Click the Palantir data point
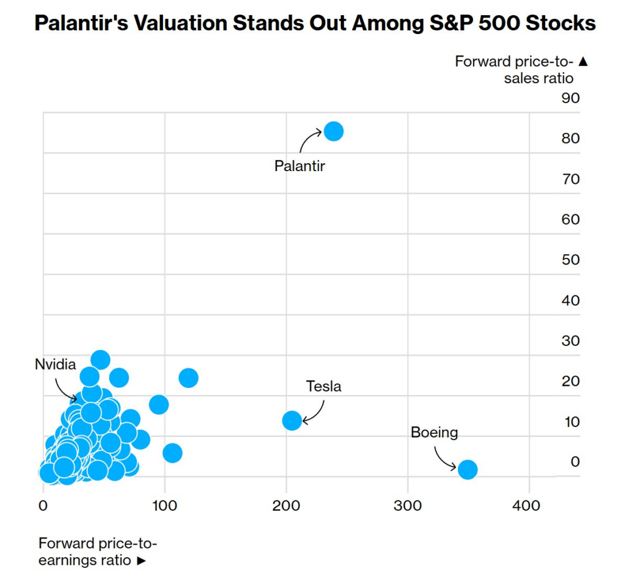click(334, 131)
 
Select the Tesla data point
click(292, 420)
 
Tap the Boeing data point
click(467, 469)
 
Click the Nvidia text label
click(55, 364)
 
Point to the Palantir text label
click(300, 166)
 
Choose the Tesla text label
click(323, 386)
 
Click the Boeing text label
click(434, 433)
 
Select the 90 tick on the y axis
click(570, 98)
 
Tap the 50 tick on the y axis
click(570, 260)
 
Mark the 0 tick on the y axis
click(574, 462)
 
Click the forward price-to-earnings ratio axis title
click(97, 552)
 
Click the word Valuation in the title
click(203, 24)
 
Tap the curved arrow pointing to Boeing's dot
click(445, 459)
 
